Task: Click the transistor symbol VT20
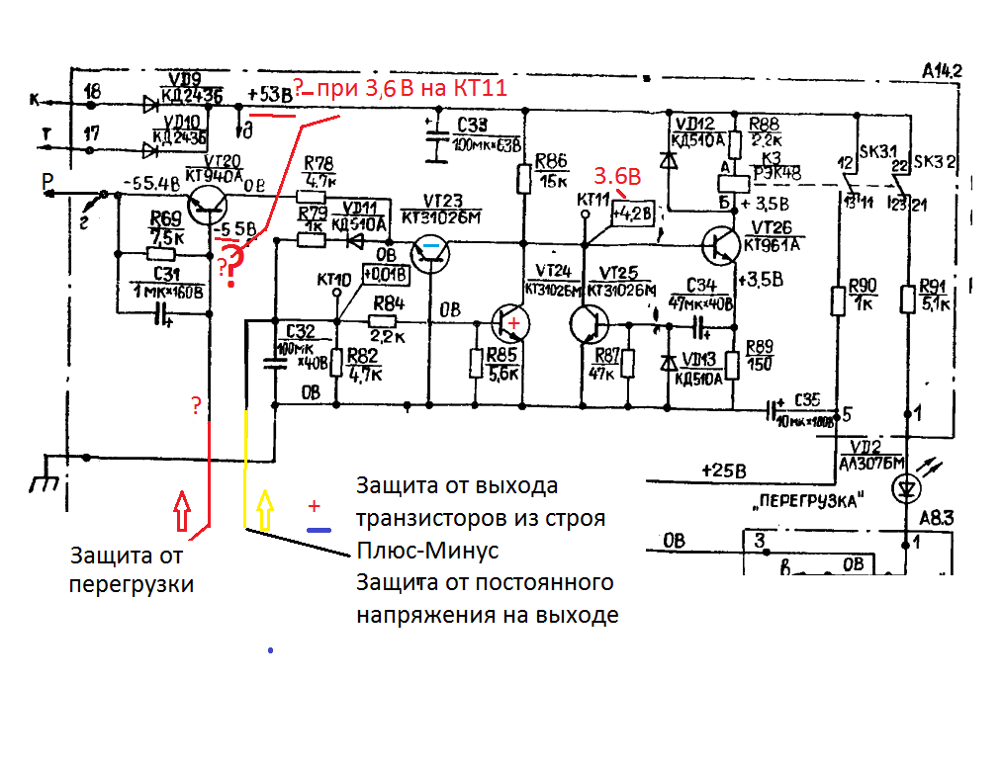point(209,204)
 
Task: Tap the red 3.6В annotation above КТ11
point(617,177)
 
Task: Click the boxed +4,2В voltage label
point(633,213)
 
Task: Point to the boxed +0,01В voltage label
point(386,273)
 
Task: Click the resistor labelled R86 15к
point(524,179)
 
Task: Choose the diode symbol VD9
point(151,102)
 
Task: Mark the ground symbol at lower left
point(44,481)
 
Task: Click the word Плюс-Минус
point(427,551)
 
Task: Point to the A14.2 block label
point(943,70)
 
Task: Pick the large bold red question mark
point(231,266)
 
